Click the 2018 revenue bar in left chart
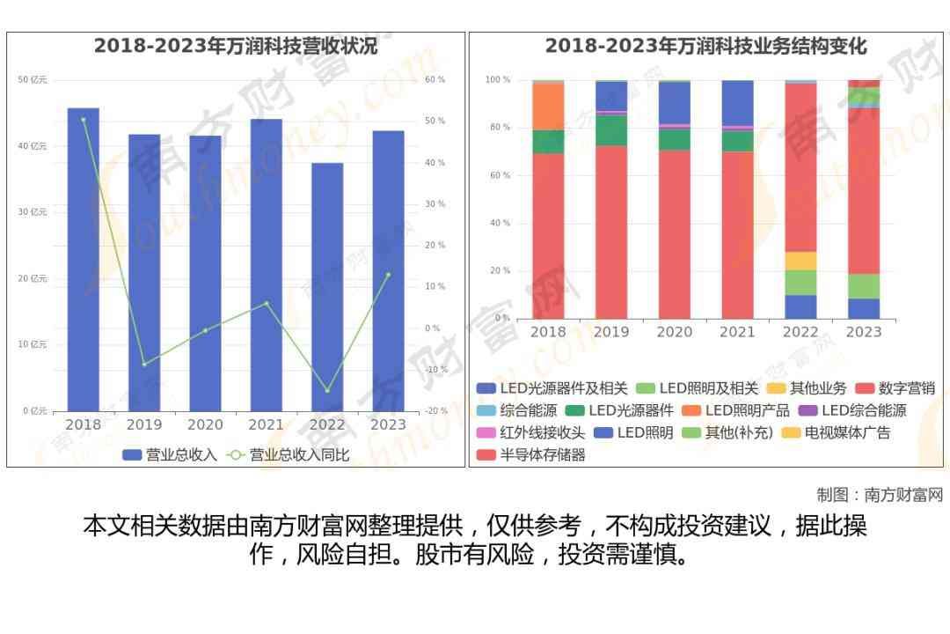click(84, 260)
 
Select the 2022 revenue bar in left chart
click(327, 287)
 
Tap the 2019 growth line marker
click(144, 364)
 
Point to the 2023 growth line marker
click(388, 275)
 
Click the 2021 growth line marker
click(267, 303)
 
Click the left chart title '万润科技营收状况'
click(236, 47)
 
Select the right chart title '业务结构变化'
click(705, 47)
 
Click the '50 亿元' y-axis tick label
click(33, 80)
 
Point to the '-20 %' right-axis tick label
click(435, 411)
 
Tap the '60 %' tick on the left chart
click(435, 80)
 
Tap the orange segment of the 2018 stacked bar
click(548, 106)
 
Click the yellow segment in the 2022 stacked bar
click(800, 261)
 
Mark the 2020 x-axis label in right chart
click(675, 332)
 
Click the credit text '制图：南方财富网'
click(879, 494)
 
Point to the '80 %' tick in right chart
click(498, 128)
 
